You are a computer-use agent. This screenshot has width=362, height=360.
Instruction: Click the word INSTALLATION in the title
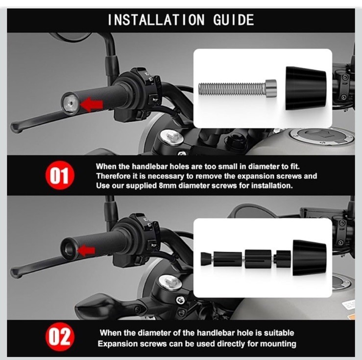(x=156, y=20)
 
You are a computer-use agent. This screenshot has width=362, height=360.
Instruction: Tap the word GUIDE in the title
(x=233, y=20)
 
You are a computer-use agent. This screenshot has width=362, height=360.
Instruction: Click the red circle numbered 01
(x=60, y=175)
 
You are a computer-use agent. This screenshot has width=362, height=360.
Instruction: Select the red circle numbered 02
(x=60, y=336)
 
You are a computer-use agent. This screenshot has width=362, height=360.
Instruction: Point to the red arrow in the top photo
(x=92, y=104)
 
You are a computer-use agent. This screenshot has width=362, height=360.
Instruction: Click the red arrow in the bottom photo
(x=86, y=251)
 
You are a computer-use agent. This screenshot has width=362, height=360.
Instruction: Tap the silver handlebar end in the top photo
(x=70, y=103)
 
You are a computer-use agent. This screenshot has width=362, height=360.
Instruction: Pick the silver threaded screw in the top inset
(x=238, y=89)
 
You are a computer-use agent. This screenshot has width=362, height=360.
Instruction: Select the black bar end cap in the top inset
(x=306, y=88)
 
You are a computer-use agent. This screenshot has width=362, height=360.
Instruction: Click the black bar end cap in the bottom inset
(x=310, y=258)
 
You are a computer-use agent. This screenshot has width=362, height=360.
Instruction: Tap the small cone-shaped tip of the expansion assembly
(x=206, y=259)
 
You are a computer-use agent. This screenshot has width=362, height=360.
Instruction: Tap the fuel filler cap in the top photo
(x=322, y=135)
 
